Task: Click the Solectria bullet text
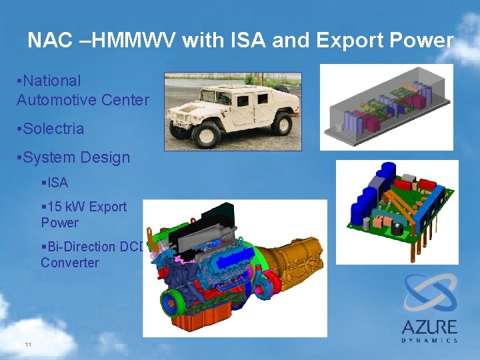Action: [x=53, y=129]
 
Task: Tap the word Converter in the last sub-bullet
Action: [x=69, y=263]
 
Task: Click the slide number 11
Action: [x=27, y=344]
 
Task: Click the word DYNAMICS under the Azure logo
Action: [x=429, y=340]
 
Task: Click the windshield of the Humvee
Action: [x=221, y=90]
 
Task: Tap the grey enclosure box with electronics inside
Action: [x=386, y=107]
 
